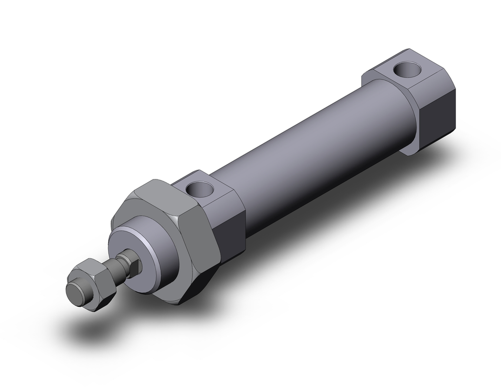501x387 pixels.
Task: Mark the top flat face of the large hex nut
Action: pyautogui.click(x=160, y=193)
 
